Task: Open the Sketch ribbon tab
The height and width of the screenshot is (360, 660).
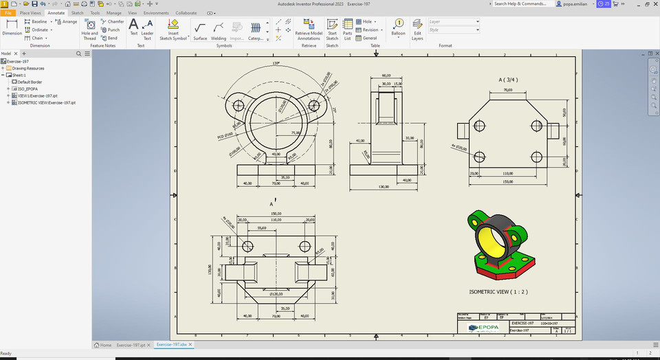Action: pos(77,12)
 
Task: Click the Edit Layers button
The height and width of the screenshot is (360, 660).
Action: pos(417,31)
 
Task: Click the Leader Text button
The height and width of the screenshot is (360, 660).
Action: pos(147,31)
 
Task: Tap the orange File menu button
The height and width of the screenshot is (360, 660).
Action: pos(8,12)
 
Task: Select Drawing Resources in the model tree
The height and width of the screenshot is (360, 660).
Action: pos(27,68)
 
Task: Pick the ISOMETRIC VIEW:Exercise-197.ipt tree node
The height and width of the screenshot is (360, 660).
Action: pos(46,102)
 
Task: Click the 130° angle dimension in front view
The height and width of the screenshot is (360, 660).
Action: pos(276,63)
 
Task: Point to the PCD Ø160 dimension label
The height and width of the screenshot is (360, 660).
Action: pos(225,136)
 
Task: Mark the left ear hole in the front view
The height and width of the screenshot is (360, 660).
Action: pos(239,105)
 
